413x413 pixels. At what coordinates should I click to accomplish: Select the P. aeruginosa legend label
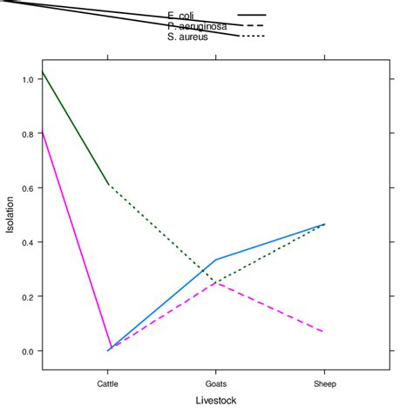tap(198, 26)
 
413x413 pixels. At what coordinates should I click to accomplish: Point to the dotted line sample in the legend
tap(251, 37)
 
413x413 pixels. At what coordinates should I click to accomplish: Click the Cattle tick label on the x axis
tap(108, 383)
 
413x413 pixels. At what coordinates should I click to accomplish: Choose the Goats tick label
tap(216, 383)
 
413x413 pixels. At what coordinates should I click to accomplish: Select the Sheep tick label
tap(324, 383)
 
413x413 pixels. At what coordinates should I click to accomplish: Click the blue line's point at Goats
tap(216, 260)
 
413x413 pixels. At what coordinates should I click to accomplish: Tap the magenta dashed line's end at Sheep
tap(324, 332)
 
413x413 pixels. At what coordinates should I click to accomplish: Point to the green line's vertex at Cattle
tap(108, 185)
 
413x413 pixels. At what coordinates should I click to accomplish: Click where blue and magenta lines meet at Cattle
tap(108, 350)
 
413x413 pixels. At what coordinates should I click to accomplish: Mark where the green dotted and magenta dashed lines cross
tap(216, 283)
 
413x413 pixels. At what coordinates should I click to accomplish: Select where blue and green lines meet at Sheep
tap(324, 224)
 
